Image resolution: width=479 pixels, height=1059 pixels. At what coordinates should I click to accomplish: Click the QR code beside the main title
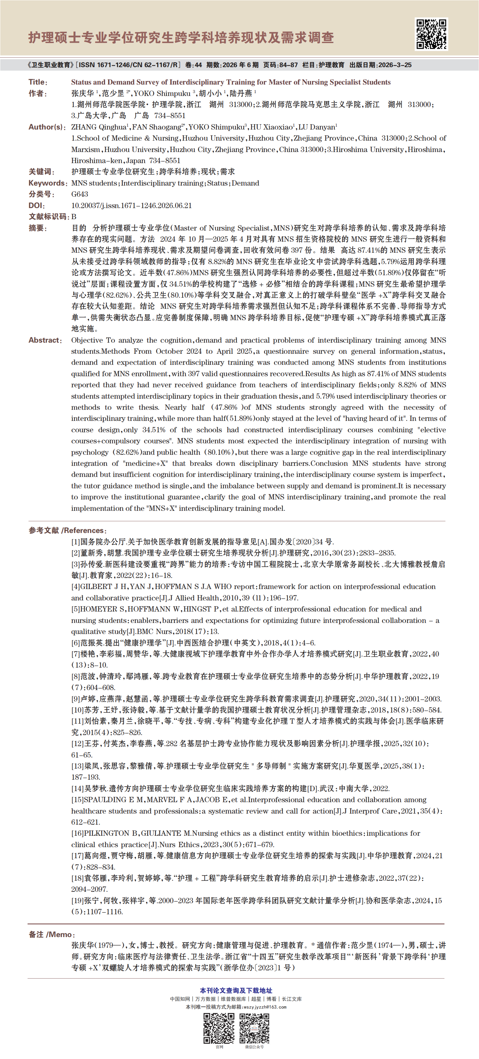pyautogui.click(x=431, y=34)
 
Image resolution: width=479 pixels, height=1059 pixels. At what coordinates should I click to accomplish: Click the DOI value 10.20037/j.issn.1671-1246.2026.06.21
pyautogui.click(x=131, y=206)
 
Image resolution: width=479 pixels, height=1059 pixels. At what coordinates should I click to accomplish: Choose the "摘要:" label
pyautogui.click(x=38, y=228)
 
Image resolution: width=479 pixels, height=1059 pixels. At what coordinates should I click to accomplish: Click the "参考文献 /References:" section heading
pyautogui.click(x=67, y=530)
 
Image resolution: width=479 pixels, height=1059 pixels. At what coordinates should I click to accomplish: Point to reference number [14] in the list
pyautogui.click(x=78, y=789)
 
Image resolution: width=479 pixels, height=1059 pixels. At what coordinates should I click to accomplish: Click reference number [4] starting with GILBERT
pyautogui.click(x=75, y=587)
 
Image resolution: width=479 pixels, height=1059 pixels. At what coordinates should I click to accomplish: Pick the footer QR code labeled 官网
pyautogui.click(x=219, y=1028)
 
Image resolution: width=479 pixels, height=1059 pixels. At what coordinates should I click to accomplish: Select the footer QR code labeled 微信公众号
pyautogui.click(x=254, y=1028)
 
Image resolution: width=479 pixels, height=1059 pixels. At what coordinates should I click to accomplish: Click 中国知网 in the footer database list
pyautogui.click(x=180, y=999)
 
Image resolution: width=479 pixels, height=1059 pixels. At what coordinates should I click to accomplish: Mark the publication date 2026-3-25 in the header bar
pyautogui.click(x=395, y=65)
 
